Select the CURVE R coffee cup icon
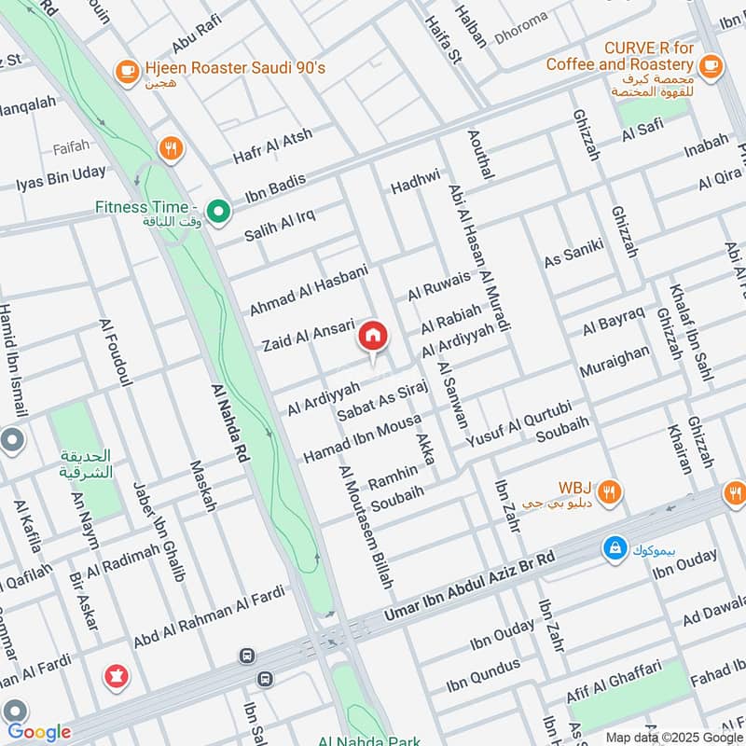click(x=711, y=64)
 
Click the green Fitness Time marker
click(x=219, y=213)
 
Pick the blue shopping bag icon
click(x=615, y=549)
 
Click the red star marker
click(x=117, y=674)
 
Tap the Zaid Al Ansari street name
click(x=309, y=335)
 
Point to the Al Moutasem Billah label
click(x=366, y=526)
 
